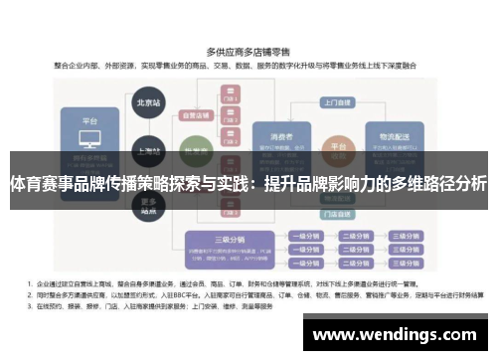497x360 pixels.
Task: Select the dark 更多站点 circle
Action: [x=149, y=208]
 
